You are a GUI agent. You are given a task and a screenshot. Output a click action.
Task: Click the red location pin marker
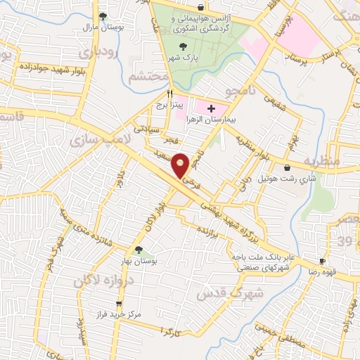(181, 165)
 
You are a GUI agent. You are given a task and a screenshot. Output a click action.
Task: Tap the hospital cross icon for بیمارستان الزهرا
(211, 108)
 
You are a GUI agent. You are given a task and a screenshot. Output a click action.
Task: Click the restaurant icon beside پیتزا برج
(169, 93)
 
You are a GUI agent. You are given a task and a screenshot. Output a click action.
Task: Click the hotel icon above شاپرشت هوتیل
(288, 167)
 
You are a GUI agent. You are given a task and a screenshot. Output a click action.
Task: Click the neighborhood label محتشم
(148, 75)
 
